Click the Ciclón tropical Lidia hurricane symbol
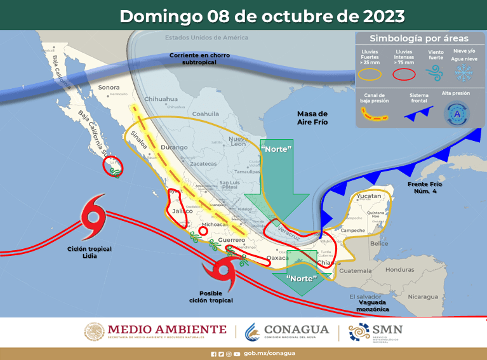92,216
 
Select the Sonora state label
109,87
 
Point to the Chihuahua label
161,99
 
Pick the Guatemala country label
354,271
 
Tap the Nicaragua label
424,297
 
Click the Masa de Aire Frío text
312,117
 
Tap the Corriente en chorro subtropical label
199,59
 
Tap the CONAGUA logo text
296,330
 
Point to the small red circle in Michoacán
203,232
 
